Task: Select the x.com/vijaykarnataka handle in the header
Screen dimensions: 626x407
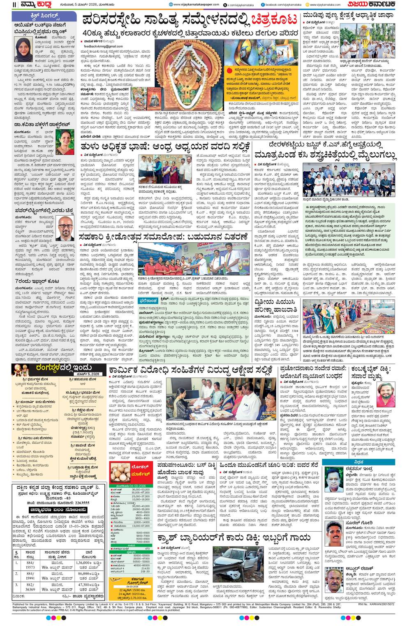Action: [x=238, y=5]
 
